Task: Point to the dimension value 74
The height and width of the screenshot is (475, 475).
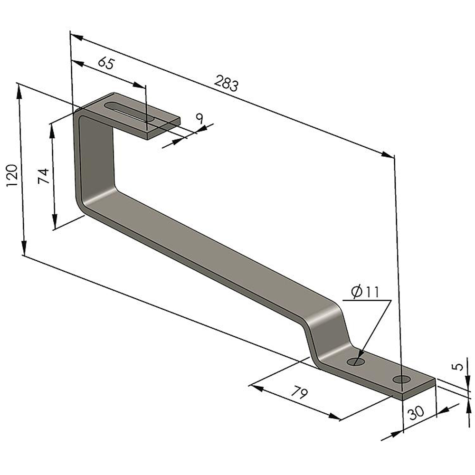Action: [x=44, y=176]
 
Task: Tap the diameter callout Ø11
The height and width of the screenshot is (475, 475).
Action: [x=366, y=292]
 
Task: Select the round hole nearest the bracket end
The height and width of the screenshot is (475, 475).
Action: [x=402, y=379]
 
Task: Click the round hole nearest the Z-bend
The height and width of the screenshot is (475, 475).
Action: [x=356, y=362]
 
